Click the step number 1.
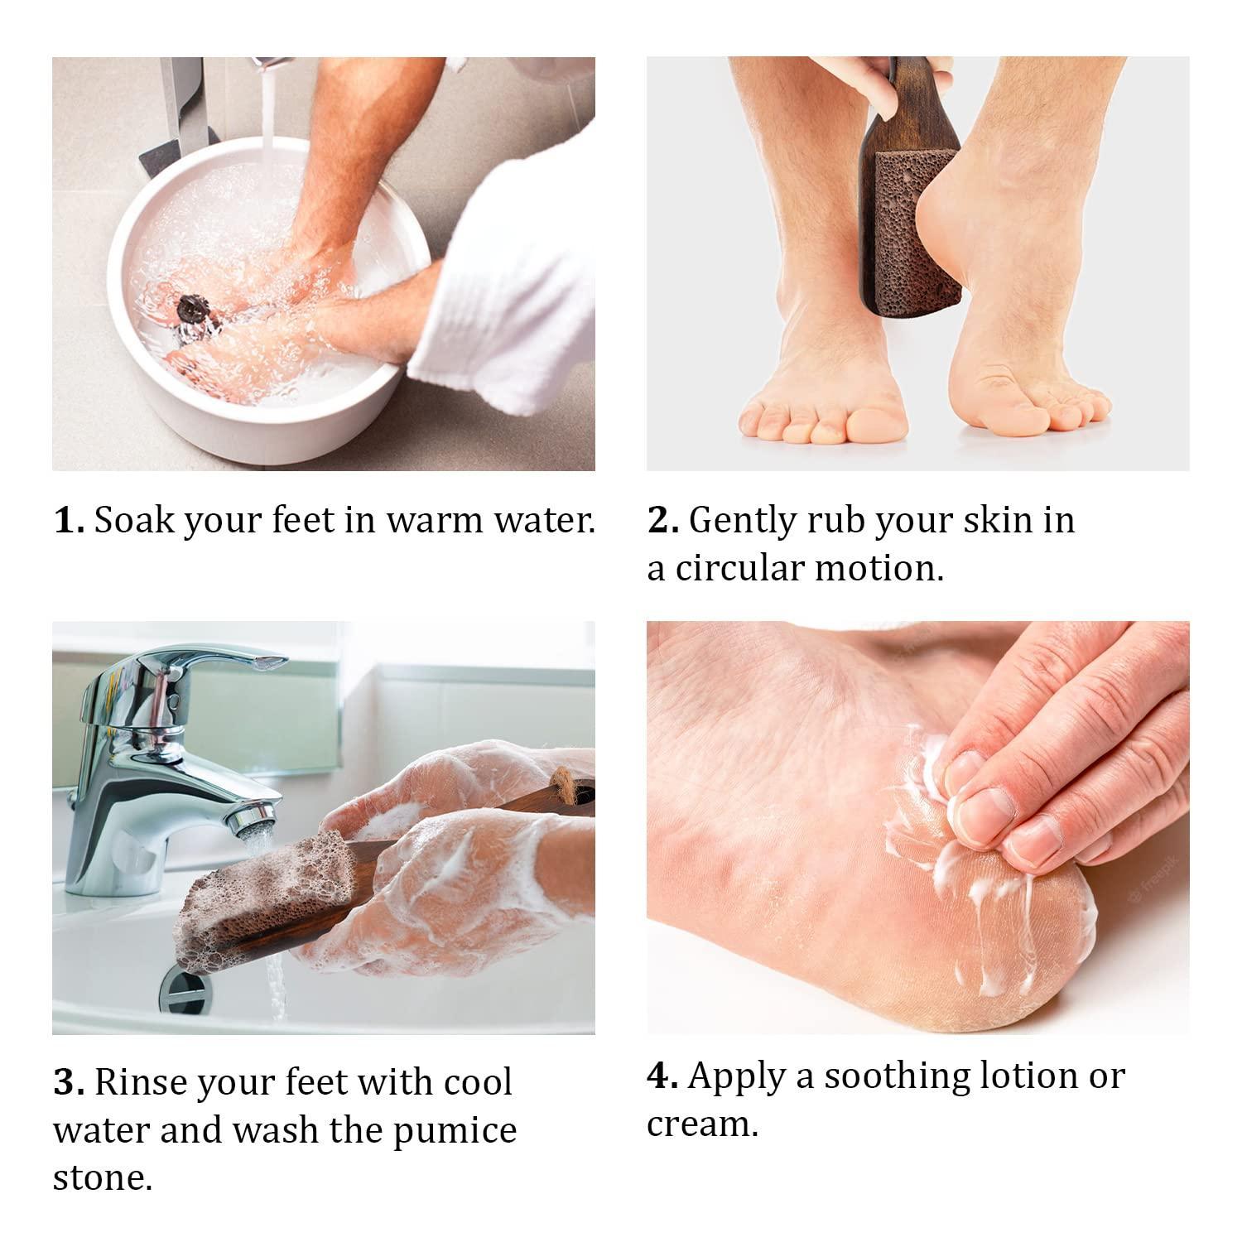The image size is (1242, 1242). click(x=69, y=521)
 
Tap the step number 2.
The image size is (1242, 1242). click(x=663, y=521)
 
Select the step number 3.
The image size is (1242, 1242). click(x=69, y=1082)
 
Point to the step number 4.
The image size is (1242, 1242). click(x=662, y=1076)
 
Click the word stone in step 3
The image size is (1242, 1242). click(x=103, y=1178)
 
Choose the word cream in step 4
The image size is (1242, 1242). click(x=702, y=1124)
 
